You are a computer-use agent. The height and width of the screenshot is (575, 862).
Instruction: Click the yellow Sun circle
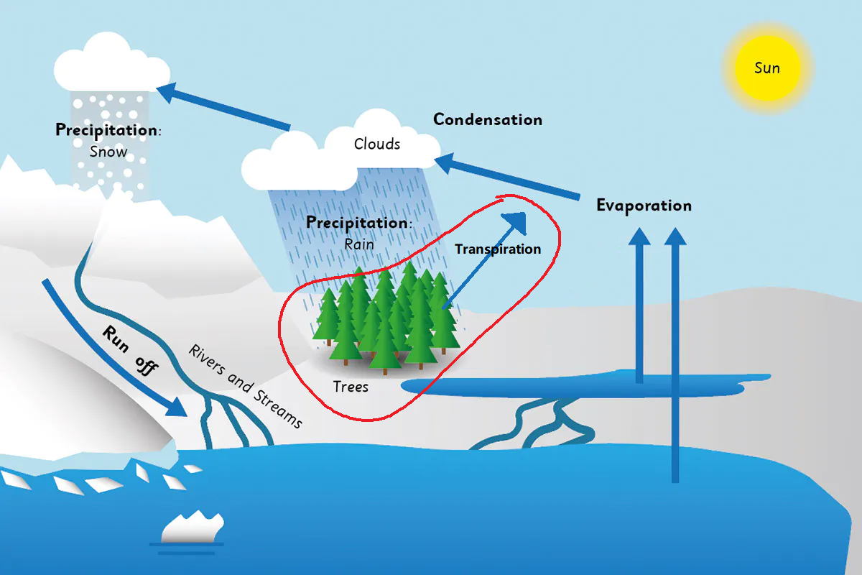pyautogui.click(x=767, y=68)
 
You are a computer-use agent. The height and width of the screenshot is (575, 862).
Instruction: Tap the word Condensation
pyautogui.click(x=487, y=119)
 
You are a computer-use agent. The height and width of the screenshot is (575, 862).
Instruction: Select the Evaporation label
pyautogui.click(x=644, y=206)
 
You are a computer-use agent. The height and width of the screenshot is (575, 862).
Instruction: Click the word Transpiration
pyautogui.click(x=498, y=249)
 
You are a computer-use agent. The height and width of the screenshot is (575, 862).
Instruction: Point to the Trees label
pyautogui.click(x=351, y=387)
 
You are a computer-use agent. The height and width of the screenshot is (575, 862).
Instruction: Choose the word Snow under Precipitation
pyautogui.click(x=108, y=152)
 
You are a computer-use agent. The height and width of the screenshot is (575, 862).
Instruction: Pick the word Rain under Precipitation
pyautogui.click(x=359, y=244)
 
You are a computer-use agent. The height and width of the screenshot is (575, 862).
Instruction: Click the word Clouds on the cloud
pyautogui.click(x=377, y=144)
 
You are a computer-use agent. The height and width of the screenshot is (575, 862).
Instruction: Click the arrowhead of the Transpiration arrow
pyautogui.click(x=516, y=221)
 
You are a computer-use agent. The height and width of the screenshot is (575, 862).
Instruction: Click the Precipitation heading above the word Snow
pyautogui.click(x=108, y=130)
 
